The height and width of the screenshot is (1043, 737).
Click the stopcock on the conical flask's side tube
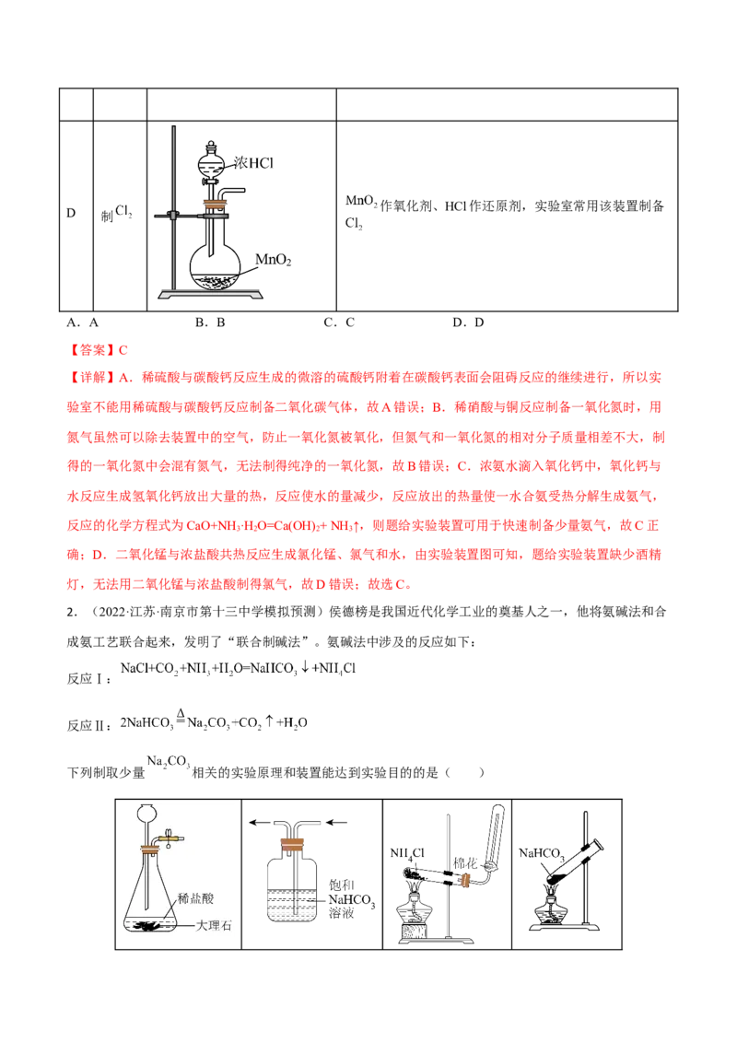click(x=171, y=838)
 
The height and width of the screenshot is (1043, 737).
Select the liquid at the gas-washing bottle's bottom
click(x=293, y=908)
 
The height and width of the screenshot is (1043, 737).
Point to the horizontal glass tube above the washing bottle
click(x=295, y=818)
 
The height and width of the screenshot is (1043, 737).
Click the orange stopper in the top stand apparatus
click(x=216, y=204)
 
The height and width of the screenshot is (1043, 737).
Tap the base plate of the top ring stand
click(x=211, y=294)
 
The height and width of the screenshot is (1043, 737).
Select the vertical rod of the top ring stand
click(x=172, y=212)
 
